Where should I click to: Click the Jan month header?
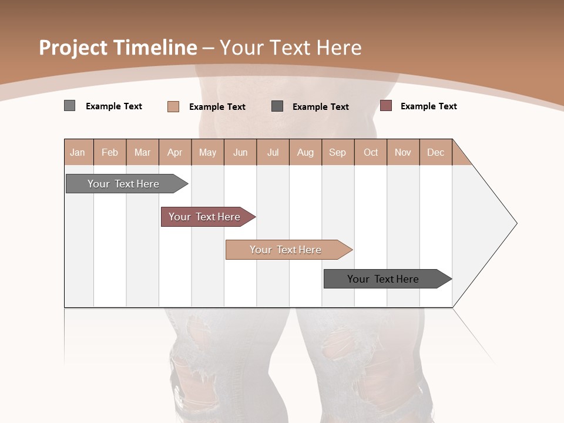coord(78,153)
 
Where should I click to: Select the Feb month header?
coord(110,153)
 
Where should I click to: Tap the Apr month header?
coord(174,153)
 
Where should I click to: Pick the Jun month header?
coord(240,153)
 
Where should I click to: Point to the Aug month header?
coord(305,153)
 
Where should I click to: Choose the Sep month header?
coord(337,153)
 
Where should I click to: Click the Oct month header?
coord(371,153)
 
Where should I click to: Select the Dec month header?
coord(435,153)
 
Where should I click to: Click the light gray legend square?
coord(69,106)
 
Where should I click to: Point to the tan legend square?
coord(173,106)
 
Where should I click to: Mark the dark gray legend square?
coord(277,106)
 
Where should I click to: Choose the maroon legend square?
coord(385,106)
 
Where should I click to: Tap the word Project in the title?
coord(73,48)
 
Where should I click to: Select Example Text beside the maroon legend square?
coord(428,106)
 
